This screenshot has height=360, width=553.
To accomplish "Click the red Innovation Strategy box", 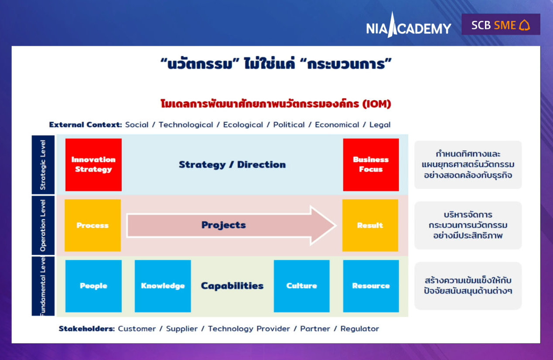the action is (x=93, y=165).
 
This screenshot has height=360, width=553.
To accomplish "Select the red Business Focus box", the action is (x=371, y=165).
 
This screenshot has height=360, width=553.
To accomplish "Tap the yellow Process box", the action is (x=92, y=225).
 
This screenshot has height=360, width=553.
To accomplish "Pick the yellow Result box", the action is (x=370, y=225).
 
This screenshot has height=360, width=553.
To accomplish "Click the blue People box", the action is (x=93, y=286).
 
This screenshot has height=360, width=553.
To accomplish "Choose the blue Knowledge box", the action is (x=163, y=286).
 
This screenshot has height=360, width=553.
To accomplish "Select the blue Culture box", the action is (x=301, y=286).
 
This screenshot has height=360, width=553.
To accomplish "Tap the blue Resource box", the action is (x=371, y=286).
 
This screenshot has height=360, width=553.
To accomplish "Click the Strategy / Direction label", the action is (x=232, y=165).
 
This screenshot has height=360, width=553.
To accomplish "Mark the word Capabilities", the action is (x=232, y=286).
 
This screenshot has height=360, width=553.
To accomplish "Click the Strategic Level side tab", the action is (x=43, y=165).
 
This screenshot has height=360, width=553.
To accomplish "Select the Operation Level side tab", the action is (x=43, y=225).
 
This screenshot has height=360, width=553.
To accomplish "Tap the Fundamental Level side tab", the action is (x=43, y=286).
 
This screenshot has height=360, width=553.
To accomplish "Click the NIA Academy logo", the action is (x=409, y=26).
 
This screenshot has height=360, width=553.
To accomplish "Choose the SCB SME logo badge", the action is (x=501, y=24).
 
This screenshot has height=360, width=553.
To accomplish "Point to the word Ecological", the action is (x=243, y=125).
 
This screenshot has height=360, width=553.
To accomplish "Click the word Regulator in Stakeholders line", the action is (x=359, y=329).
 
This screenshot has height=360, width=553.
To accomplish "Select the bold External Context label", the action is (x=85, y=125).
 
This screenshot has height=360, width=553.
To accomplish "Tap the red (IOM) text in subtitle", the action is (x=377, y=104).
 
